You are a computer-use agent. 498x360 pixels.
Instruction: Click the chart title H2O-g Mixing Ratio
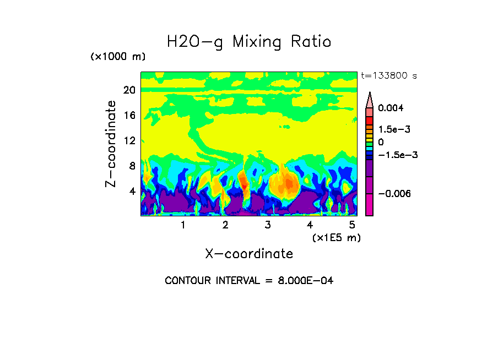[249, 42]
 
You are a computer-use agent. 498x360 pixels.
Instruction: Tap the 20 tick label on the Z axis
[129, 90]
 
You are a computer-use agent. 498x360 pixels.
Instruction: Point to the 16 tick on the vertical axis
[129, 116]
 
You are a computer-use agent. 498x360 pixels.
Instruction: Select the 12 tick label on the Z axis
[129, 141]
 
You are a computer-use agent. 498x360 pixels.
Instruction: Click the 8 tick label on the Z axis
[132, 166]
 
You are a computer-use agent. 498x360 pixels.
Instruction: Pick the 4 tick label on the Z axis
[132, 191]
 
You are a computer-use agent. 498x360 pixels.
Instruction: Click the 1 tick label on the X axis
[183, 225]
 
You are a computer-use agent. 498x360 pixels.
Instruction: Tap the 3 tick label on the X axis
[268, 225]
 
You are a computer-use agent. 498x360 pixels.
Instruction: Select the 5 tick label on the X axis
[352, 225]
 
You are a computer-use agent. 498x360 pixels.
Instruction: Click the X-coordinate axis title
[249, 254]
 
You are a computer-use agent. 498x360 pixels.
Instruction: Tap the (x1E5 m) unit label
[336, 238]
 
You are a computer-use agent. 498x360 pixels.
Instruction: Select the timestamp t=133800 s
[388, 76]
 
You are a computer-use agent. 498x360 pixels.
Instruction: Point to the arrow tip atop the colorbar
[370, 93]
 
